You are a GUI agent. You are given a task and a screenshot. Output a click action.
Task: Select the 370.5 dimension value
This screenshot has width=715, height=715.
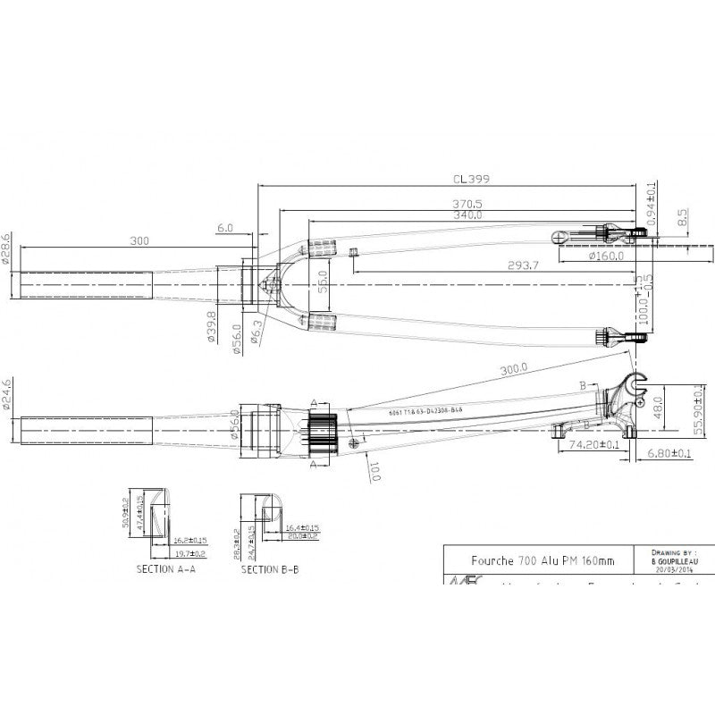[x=467, y=204]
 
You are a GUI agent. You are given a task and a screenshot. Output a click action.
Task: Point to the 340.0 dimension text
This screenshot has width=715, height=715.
[x=467, y=214]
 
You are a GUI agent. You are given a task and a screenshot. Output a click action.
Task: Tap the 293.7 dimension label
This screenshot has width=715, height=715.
[x=500, y=266]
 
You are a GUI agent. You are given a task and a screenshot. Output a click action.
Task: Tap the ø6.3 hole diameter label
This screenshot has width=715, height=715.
[x=257, y=331]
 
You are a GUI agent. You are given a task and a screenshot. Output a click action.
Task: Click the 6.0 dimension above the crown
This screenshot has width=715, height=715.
[x=224, y=229]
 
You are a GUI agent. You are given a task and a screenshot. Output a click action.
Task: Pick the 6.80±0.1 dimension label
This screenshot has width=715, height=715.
[x=669, y=455]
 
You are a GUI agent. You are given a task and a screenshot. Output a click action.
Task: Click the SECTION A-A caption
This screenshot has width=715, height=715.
[x=166, y=568]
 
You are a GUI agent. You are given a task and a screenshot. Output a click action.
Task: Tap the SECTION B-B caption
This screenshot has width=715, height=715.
[x=272, y=568]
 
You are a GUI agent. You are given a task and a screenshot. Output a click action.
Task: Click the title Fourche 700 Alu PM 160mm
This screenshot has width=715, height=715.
[x=543, y=560]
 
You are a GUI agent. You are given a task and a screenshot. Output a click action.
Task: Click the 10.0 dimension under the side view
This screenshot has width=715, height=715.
[x=375, y=469]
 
